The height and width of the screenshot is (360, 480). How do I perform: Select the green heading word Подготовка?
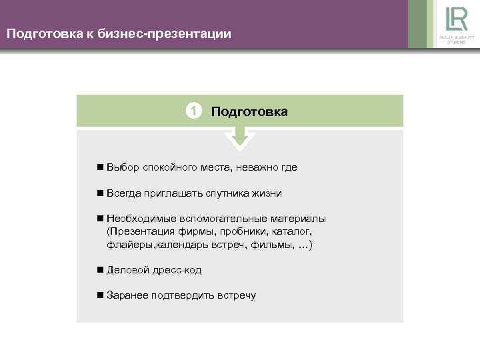pyautogui.click(x=249, y=111)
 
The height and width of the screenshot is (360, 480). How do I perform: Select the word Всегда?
pyautogui.click(x=123, y=193)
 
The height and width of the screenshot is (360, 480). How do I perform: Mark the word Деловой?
pyautogui.click(x=125, y=270)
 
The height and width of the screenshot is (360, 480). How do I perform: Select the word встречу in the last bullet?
pyautogui.click(x=236, y=295)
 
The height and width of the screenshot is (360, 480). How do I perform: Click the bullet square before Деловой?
pyautogui.click(x=99, y=270)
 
